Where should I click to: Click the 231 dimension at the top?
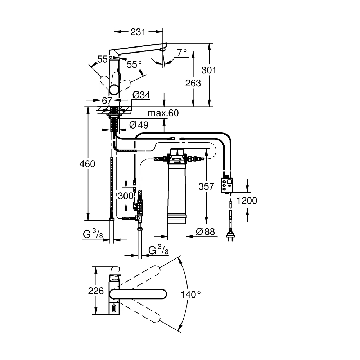pos(138,32)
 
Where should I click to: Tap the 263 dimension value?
pos(193,83)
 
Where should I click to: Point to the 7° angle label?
pos(182,53)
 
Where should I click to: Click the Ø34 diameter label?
pos(141,95)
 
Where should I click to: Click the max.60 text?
pos(163,113)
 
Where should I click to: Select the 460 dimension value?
pos(87,164)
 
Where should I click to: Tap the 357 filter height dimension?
pos(206,186)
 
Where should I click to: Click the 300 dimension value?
pos(126,196)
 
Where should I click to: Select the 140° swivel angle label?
pos(191,294)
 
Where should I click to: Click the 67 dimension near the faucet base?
pos(107,100)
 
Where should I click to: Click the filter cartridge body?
pos(177,191)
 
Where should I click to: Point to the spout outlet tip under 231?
pos(163,48)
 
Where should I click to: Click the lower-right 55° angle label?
pos(134,64)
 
